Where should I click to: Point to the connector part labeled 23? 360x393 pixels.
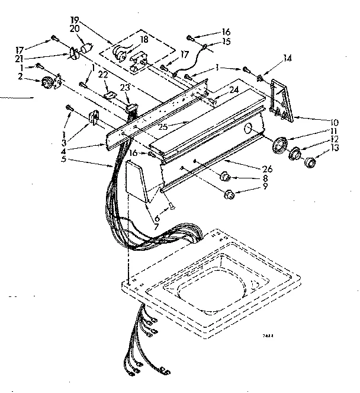tap(130, 107)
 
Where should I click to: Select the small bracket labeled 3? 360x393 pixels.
tap(93, 118)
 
